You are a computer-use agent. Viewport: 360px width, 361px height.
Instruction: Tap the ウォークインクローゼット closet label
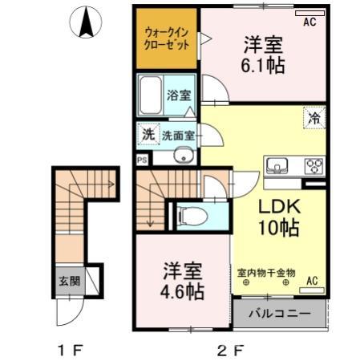click(167, 39)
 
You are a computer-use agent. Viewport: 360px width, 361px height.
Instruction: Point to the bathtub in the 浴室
click(151, 96)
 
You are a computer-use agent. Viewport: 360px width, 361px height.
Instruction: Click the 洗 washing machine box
click(148, 134)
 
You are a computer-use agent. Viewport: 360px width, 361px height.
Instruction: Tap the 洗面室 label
click(178, 135)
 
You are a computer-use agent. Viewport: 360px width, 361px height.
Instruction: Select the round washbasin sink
click(184, 156)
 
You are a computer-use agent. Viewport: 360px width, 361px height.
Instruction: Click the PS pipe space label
click(142, 159)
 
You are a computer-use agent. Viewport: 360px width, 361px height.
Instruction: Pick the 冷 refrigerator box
click(313, 117)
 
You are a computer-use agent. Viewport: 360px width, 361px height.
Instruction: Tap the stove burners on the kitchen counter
click(312, 166)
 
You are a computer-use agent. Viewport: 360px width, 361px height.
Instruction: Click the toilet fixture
click(190, 215)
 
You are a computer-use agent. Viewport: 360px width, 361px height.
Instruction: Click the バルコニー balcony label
click(278, 314)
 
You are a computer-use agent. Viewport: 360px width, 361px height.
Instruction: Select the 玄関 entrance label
click(68, 282)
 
